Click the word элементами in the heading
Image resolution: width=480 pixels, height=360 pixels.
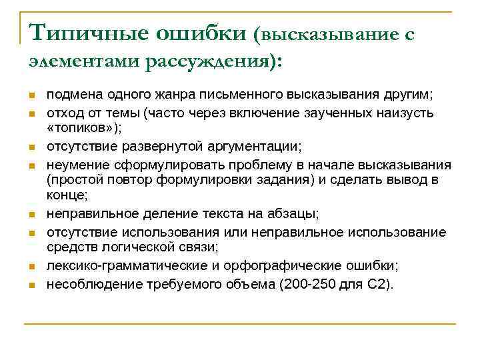[83, 61]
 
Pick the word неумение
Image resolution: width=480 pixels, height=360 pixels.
[71, 164]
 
